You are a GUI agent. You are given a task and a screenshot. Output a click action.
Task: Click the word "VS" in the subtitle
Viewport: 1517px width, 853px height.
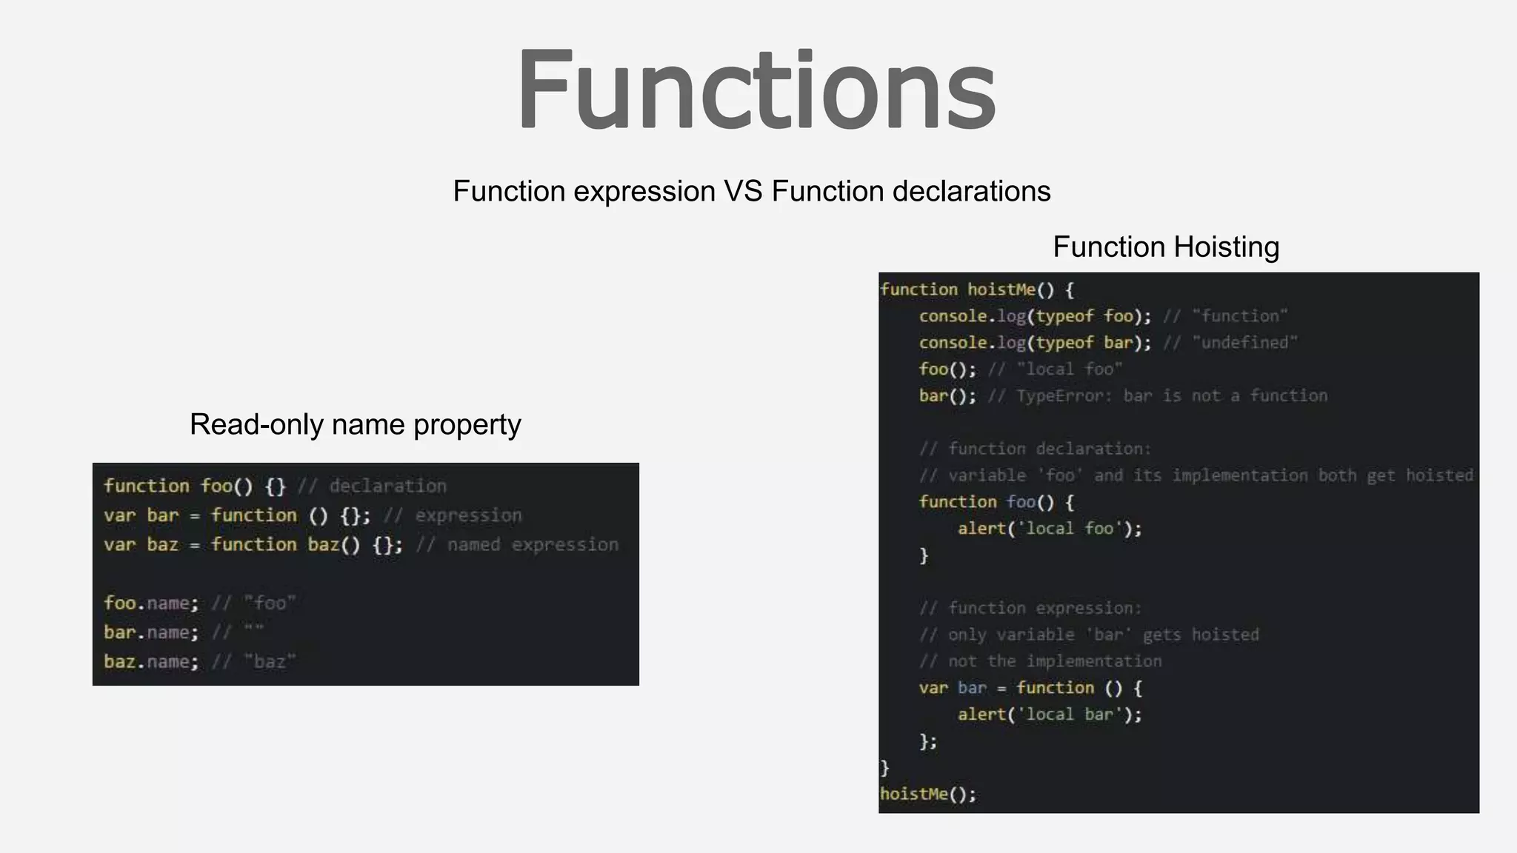743,191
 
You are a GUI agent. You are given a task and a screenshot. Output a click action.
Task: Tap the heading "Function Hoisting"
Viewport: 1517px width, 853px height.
1166,247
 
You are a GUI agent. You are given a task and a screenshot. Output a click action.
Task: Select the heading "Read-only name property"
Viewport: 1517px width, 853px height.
355,424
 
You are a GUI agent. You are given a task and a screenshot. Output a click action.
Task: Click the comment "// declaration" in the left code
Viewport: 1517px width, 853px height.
372,486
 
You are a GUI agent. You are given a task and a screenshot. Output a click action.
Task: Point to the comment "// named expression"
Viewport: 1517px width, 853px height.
517,545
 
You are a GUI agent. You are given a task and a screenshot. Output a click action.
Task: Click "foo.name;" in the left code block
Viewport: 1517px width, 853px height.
151,603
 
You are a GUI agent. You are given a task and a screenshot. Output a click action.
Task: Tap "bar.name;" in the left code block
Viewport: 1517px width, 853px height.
151,632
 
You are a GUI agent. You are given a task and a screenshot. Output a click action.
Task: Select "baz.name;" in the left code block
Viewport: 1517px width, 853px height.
151,661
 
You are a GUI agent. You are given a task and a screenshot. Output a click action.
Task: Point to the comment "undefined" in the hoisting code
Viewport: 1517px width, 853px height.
1244,343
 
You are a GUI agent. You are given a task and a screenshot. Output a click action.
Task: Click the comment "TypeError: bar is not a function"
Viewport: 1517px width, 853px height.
1171,396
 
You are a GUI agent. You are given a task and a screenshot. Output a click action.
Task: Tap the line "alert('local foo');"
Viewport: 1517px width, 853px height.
1049,529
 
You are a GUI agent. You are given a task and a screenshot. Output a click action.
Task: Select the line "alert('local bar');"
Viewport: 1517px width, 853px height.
1049,715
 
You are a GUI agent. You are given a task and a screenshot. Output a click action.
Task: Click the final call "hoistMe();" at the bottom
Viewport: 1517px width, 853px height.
928,795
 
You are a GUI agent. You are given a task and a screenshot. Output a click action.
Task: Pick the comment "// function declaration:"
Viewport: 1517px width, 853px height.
1035,449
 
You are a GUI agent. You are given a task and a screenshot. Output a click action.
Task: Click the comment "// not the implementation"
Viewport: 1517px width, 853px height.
1040,661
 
